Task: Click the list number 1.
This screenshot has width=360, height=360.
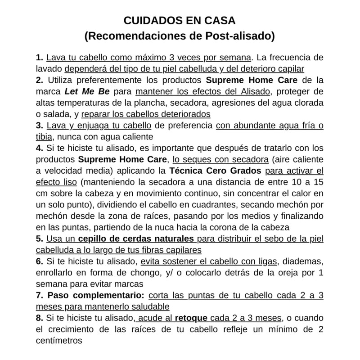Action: pos(39,58)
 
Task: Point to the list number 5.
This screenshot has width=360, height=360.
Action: pos(39,238)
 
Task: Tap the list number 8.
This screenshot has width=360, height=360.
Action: pos(39,318)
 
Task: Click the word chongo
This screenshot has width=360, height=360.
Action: pos(126,273)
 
